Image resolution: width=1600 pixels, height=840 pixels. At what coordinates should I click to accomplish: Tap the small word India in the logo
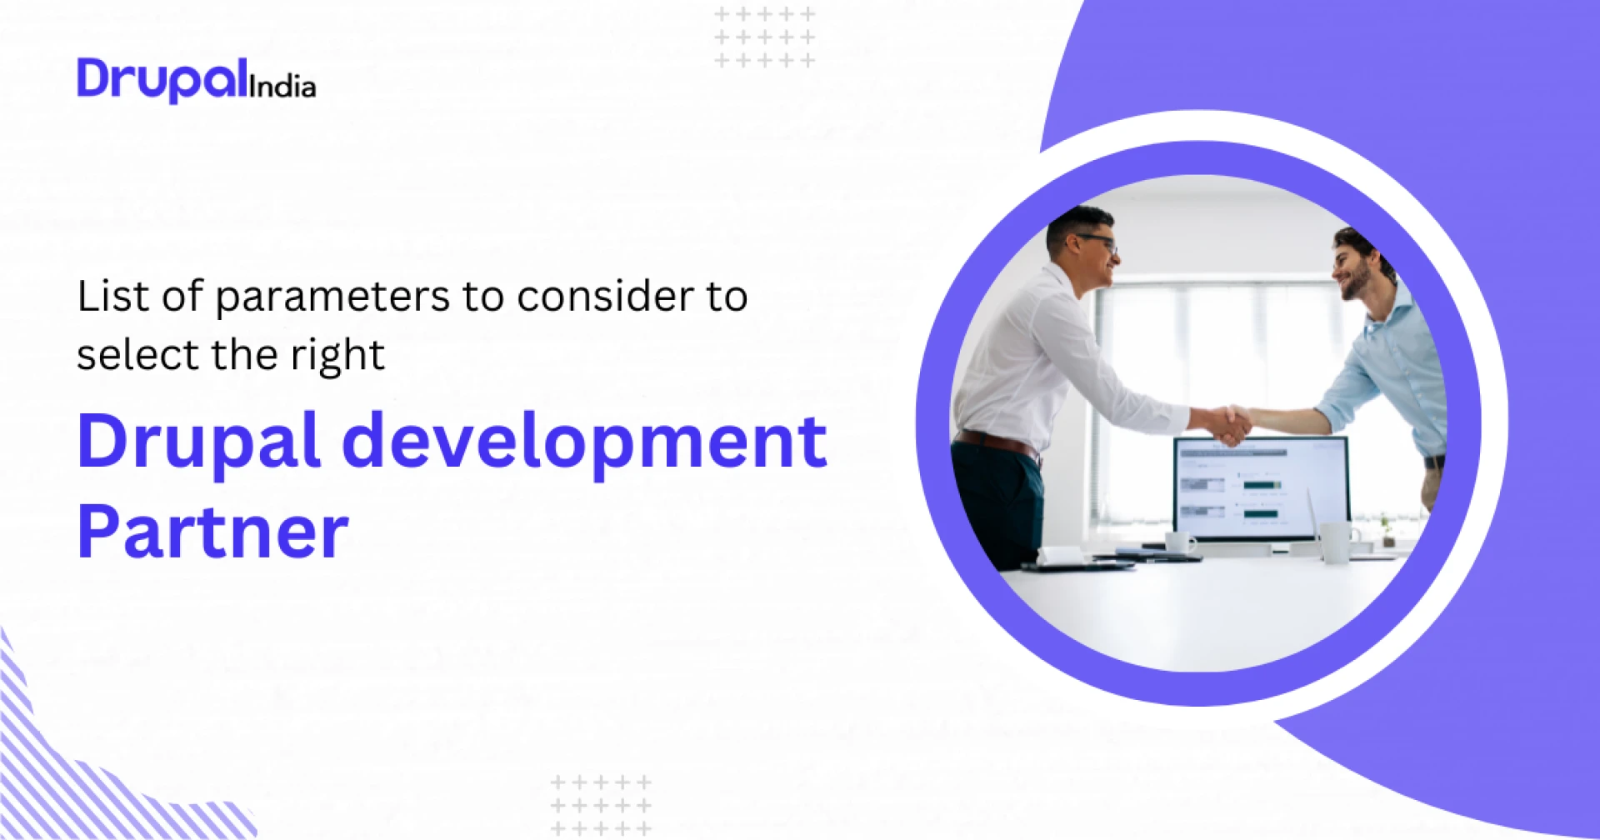(282, 87)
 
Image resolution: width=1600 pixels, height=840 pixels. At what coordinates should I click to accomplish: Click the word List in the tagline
(112, 297)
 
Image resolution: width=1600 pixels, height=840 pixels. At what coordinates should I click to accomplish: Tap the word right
(337, 357)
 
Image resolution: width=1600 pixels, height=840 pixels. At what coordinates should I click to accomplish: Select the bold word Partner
(213, 532)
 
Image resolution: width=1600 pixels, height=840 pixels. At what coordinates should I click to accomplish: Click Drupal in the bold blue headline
(198, 442)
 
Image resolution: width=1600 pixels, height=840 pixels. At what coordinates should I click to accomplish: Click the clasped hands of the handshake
(1230, 422)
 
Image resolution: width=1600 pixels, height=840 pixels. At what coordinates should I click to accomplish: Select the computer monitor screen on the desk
(1261, 487)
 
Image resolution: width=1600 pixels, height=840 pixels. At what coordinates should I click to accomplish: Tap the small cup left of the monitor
(1178, 542)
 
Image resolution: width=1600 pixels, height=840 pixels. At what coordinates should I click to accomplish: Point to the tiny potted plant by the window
(1384, 527)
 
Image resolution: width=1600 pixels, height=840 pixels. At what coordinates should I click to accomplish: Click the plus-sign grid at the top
(765, 37)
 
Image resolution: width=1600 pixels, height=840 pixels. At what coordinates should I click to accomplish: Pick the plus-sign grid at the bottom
(601, 805)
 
